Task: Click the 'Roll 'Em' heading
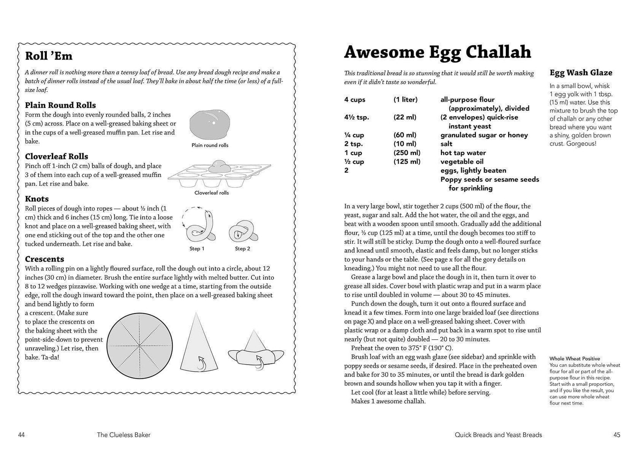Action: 49,56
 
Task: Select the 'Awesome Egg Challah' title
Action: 437,52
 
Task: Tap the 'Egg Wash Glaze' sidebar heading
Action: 581,73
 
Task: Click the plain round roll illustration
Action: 210,124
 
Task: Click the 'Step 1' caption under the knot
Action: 197,249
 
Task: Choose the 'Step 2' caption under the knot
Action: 242,249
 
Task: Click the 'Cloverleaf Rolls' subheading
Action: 57,156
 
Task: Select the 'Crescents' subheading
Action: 45,259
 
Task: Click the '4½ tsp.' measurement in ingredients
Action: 356,118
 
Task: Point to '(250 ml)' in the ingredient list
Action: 407,153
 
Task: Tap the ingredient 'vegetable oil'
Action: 462,162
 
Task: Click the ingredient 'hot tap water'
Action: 463,153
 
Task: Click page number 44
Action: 21,435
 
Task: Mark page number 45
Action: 617,435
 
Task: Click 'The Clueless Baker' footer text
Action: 124,435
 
